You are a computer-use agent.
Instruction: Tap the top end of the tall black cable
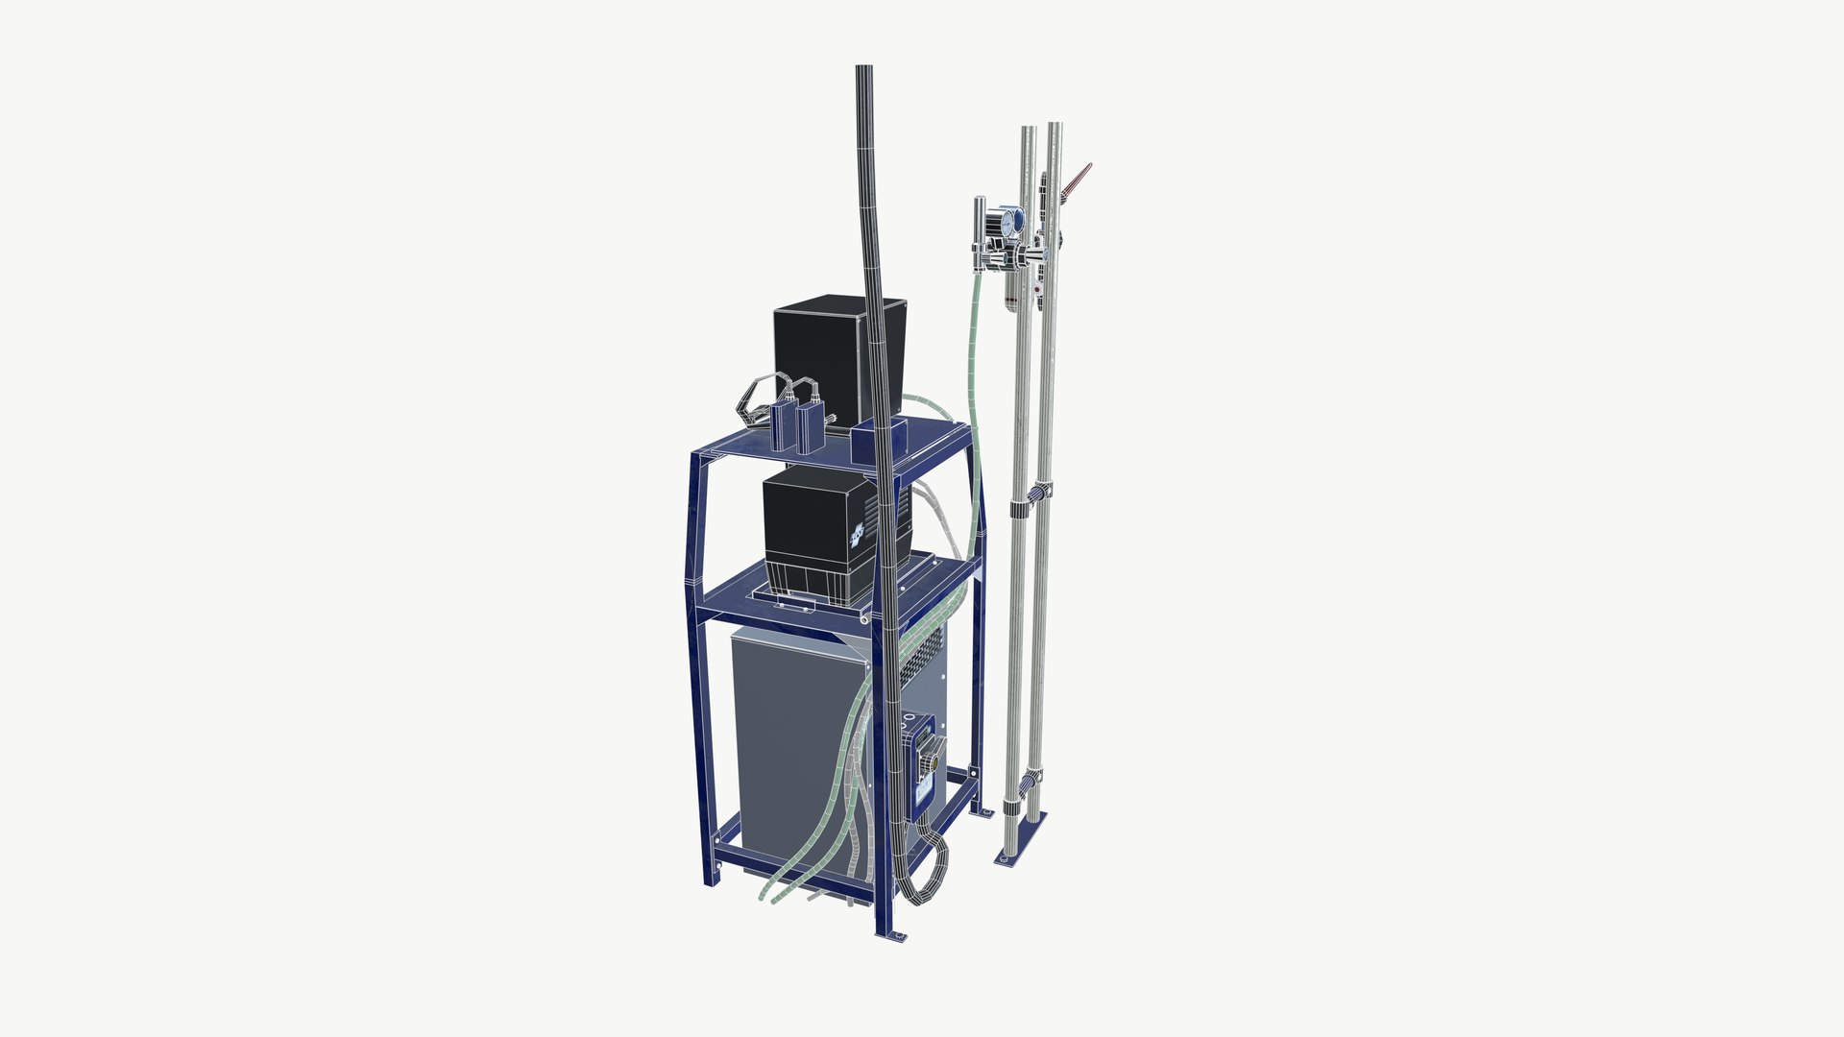(863, 69)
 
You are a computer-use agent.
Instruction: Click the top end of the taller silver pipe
(1055, 127)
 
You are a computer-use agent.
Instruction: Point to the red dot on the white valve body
(1037, 286)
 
